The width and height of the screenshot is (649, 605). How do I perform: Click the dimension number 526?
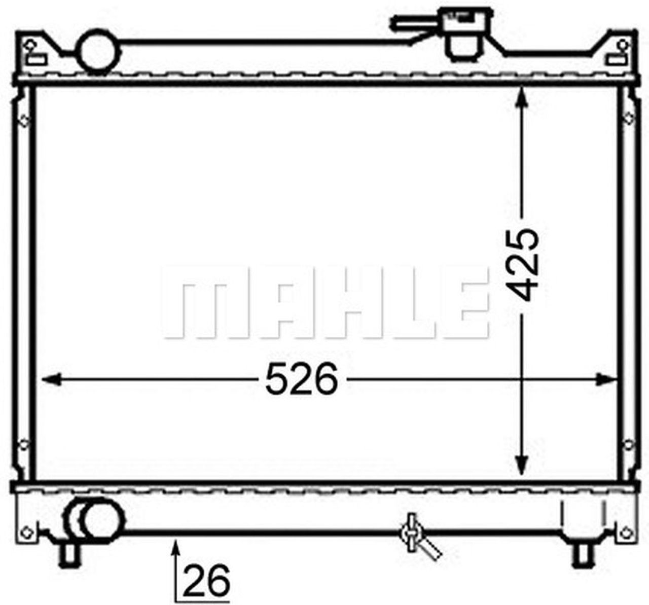click(x=301, y=379)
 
